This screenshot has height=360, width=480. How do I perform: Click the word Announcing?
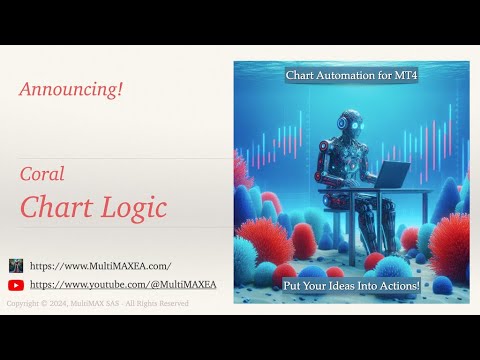(x=71, y=90)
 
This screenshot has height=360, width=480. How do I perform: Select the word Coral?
(x=42, y=174)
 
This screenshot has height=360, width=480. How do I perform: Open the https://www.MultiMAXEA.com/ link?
(x=100, y=266)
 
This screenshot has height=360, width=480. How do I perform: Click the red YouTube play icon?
(x=16, y=284)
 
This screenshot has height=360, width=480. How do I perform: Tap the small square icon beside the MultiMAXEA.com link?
(x=16, y=266)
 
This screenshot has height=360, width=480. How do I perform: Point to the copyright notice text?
(x=97, y=303)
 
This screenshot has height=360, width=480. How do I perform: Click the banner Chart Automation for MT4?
(x=351, y=75)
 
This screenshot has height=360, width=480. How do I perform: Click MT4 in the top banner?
(x=403, y=75)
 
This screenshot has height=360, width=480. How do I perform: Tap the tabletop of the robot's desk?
(x=390, y=189)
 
